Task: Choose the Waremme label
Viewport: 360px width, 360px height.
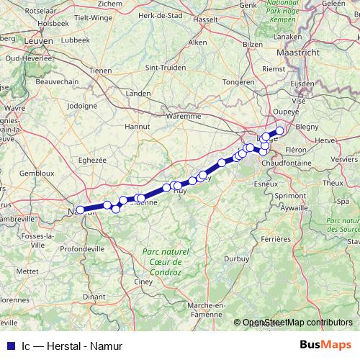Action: (183, 115)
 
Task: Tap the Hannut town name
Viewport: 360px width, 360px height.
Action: (137, 126)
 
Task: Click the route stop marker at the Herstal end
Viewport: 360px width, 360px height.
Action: (280, 131)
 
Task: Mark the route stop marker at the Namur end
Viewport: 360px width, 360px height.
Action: (81, 210)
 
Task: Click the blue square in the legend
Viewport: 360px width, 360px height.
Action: (7, 346)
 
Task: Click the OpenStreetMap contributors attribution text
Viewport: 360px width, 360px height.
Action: (297, 323)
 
